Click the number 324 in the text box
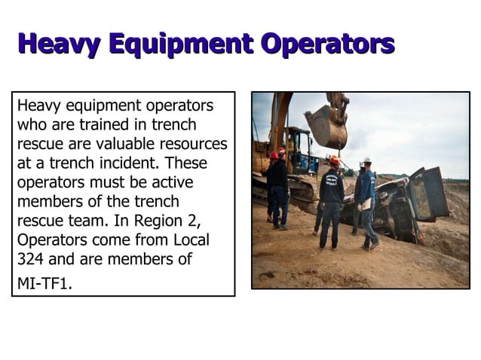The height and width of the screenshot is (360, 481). [x=31, y=260]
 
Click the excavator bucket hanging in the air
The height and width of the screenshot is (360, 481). [x=326, y=126]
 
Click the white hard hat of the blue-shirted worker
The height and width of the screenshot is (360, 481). [x=366, y=160]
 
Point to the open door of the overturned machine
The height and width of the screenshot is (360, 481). [x=430, y=193]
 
